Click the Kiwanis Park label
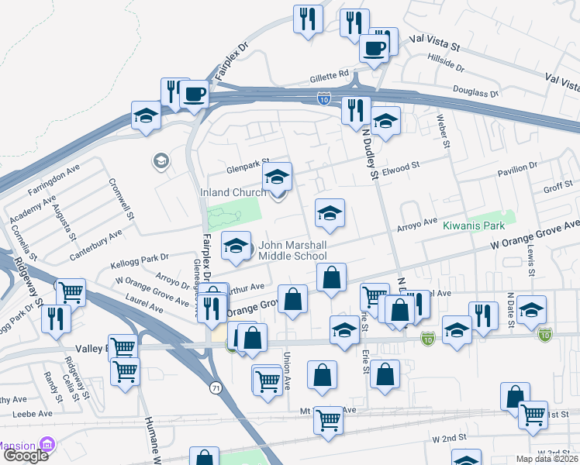(474, 226)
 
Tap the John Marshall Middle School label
(303, 250)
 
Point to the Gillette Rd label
(332, 74)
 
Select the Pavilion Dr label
(517, 167)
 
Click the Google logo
(26, 455)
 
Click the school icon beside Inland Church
(277, 177)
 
